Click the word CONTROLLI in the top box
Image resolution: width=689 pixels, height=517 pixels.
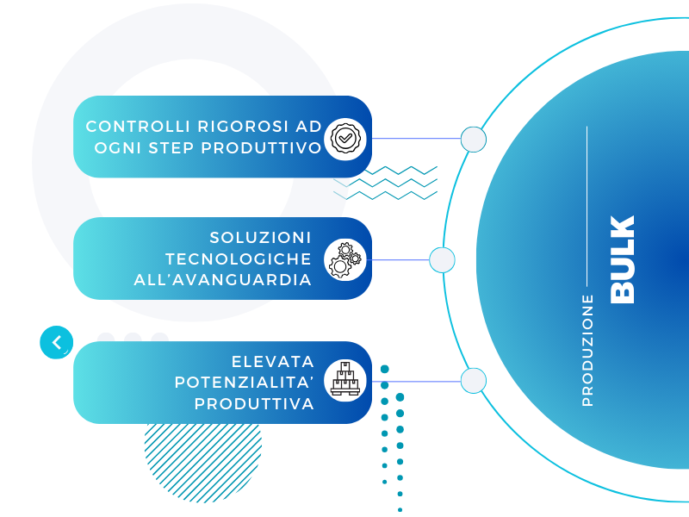(138, 127)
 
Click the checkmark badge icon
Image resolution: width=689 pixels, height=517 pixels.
(345, 139)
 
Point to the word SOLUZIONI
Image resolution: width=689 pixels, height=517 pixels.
(260, 238)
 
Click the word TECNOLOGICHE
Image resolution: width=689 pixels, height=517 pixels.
(239, 259)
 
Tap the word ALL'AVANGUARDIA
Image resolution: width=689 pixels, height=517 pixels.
(223, 280)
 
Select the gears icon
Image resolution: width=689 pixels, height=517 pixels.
(345, 260)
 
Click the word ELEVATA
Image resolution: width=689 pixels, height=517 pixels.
(273, 362)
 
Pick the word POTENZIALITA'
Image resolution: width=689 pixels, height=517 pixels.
(245, 383)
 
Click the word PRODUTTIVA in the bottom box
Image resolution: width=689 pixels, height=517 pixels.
(254, 404)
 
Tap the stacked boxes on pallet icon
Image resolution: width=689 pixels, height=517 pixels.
(345, 378)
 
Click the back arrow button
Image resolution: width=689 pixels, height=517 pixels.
(57, 342)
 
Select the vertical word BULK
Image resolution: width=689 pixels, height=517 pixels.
(622, 259)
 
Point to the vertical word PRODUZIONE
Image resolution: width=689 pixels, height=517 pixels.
(587, 351)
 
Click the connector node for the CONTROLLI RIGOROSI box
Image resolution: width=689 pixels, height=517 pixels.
(474, 140)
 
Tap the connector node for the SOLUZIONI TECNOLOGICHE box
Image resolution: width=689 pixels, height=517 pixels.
(442, 260)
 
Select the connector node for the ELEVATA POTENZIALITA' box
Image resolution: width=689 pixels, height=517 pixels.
(474, 380)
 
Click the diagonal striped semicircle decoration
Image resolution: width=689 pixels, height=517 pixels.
(203, 458)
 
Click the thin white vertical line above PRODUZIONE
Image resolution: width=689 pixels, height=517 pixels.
(587, 206)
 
